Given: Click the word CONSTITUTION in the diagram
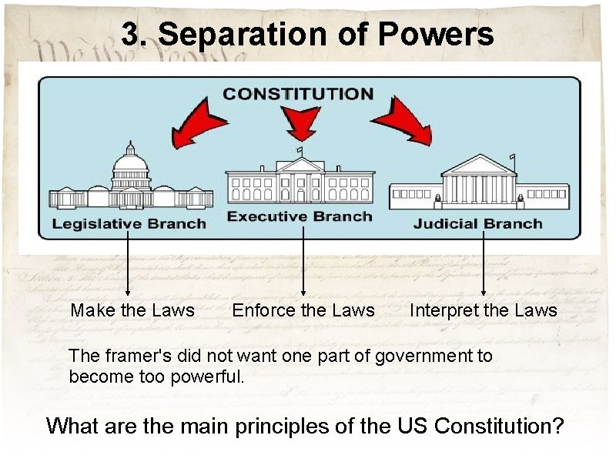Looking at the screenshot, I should (x=298, y=94).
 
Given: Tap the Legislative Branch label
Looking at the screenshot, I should (x=129, y=224).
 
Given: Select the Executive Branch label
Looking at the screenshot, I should (x=300, y=216).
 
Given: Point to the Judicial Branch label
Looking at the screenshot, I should (x=477, y=224).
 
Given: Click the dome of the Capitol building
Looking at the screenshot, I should (x=130, y=160).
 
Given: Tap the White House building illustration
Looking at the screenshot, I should (x=300, y=181).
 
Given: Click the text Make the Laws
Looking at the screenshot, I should (x=132, y=310).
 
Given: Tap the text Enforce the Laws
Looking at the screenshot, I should (x=303, y=310).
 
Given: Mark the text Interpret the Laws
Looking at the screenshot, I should (x=483, y=310).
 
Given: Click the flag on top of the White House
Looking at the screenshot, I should (x=300, y=150).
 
